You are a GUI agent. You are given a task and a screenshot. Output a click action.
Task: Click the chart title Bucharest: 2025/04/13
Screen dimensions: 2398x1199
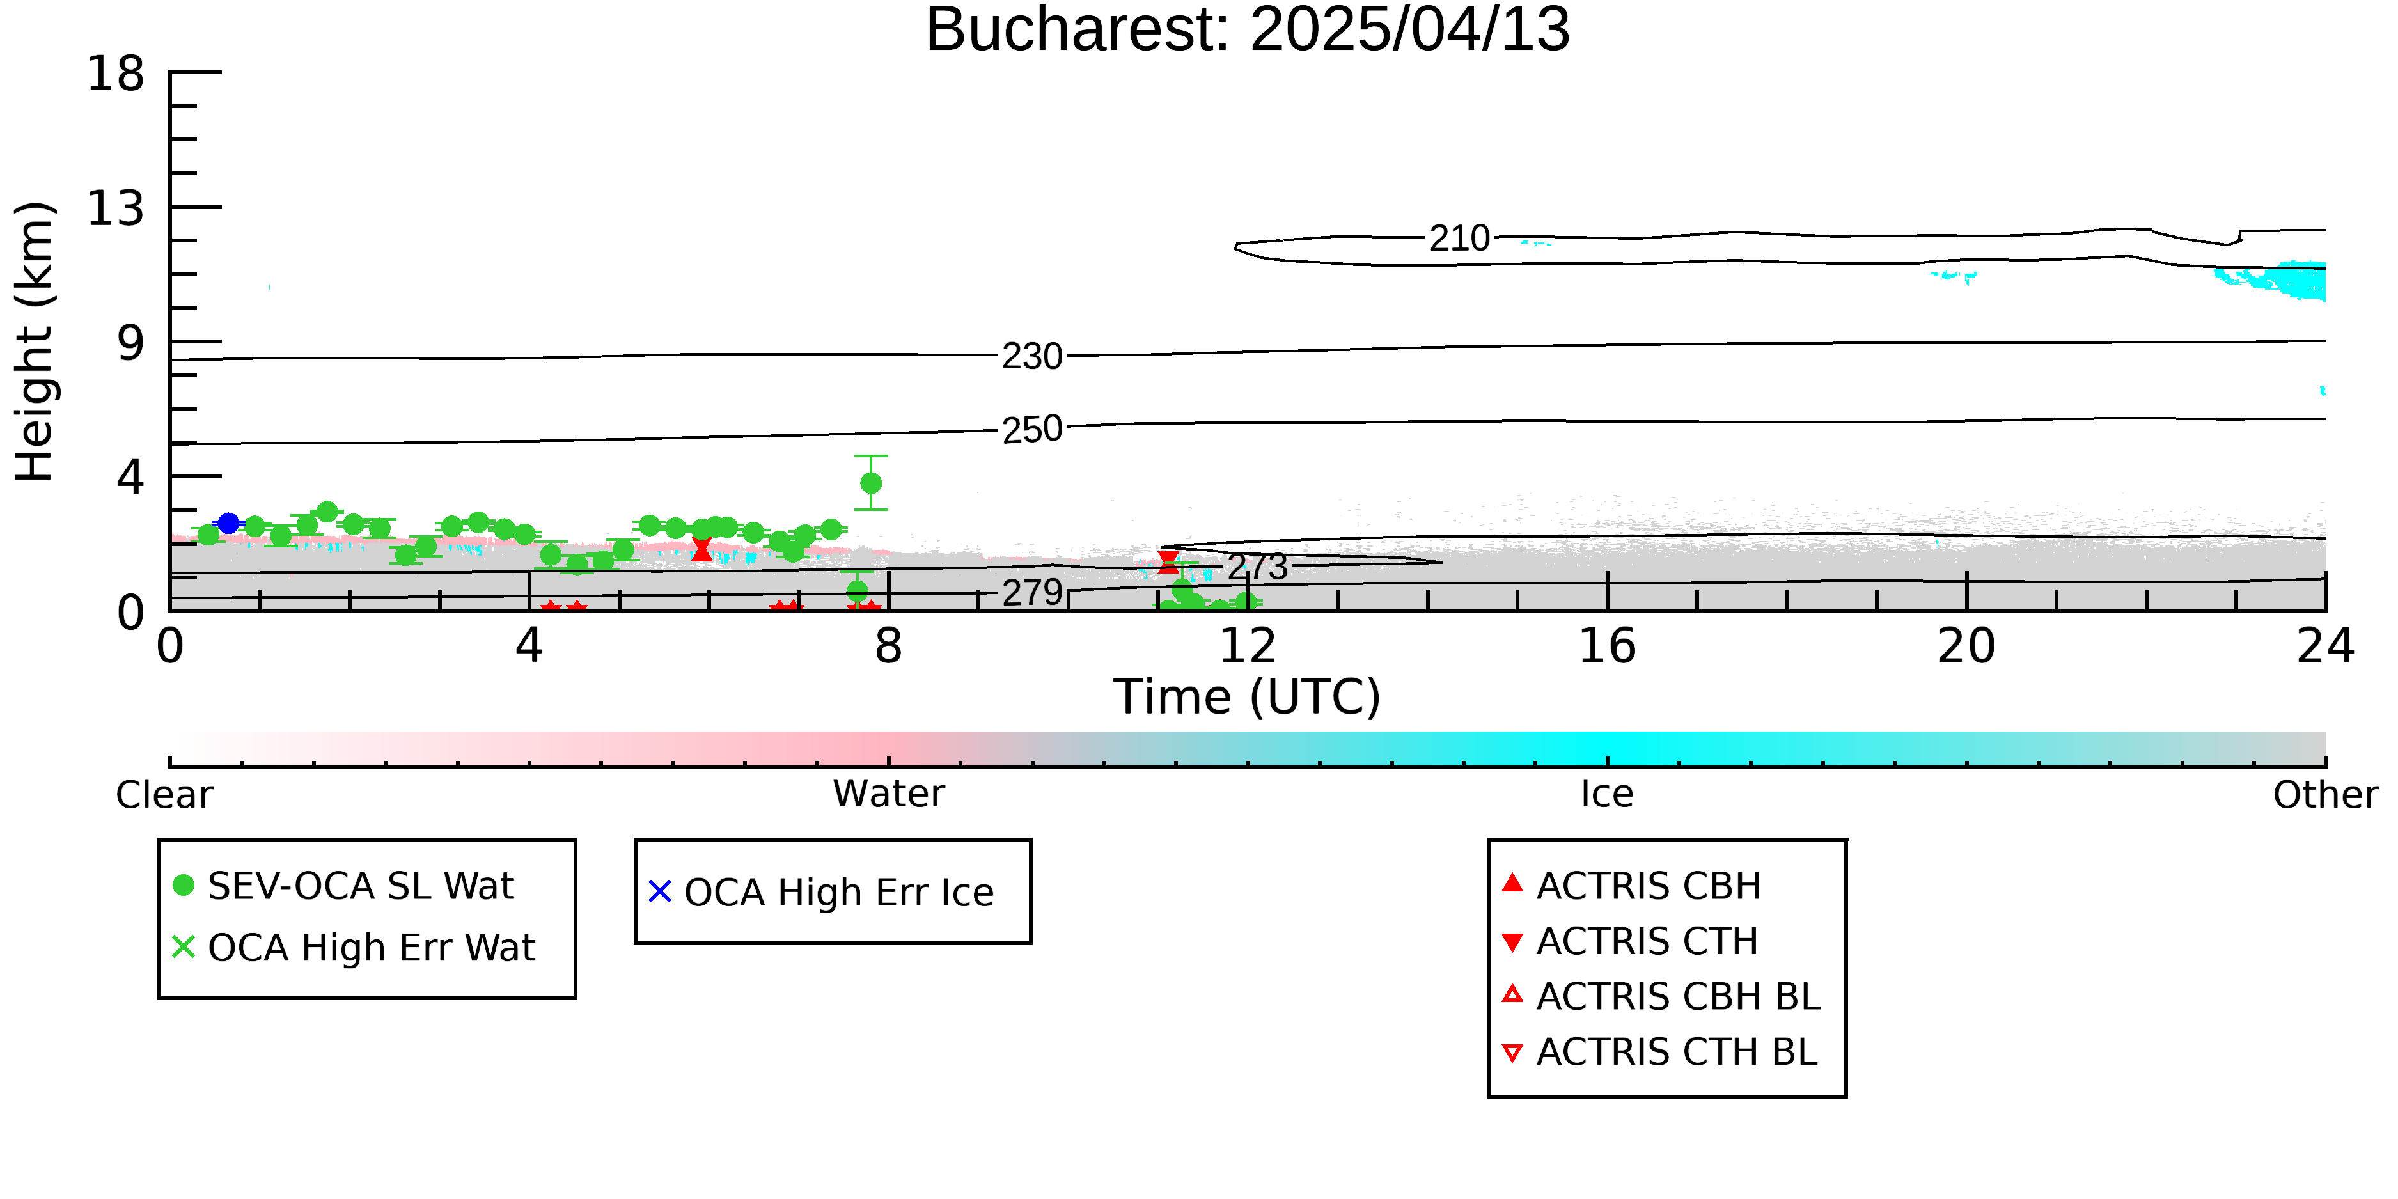pyautogui.click(x=1248, y=30)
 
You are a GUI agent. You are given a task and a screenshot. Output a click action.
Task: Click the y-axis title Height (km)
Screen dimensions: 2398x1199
pyautogui.click(x=35, y=341)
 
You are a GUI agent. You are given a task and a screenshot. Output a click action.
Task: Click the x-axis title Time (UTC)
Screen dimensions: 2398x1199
pyautogui.click(x=1248, y=696)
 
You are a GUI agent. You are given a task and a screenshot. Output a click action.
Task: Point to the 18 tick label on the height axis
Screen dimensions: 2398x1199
pyautogui.click(x=116, y=73)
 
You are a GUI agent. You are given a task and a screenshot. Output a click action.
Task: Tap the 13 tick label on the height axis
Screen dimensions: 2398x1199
pyautogui.click(x=116, y=208)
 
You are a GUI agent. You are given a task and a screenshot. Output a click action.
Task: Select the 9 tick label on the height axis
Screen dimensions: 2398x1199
pyautogui.click(x=131, y=343)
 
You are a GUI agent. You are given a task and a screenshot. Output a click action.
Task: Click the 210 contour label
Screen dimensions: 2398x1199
pyautogui.click(x=1460, y=239)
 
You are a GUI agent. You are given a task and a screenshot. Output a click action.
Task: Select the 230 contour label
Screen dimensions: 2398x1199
pyautogui.click(x=1031, y=357)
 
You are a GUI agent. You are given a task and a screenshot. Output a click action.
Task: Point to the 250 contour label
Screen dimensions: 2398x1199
pyautogui.click(x=1031, y=429)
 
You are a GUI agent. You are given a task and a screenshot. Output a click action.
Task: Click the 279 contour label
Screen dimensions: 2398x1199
pyautogui.click(x=1031, y=592)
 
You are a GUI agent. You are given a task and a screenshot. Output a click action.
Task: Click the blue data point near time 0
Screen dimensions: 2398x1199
pyautogui.click(x=228, y=523)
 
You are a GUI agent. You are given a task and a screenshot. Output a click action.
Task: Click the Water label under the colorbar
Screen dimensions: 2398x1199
pyautogui.click(x=889, y=794)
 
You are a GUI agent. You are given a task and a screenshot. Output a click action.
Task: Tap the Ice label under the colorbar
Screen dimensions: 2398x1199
pyautogui.click(x=1607, y=794)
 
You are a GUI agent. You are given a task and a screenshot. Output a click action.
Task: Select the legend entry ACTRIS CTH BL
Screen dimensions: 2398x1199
pyautogui.click(x=1661, y=1052)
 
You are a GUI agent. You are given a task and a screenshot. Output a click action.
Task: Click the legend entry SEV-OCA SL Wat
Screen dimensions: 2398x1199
pyautogui.click(x=345, y=885)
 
